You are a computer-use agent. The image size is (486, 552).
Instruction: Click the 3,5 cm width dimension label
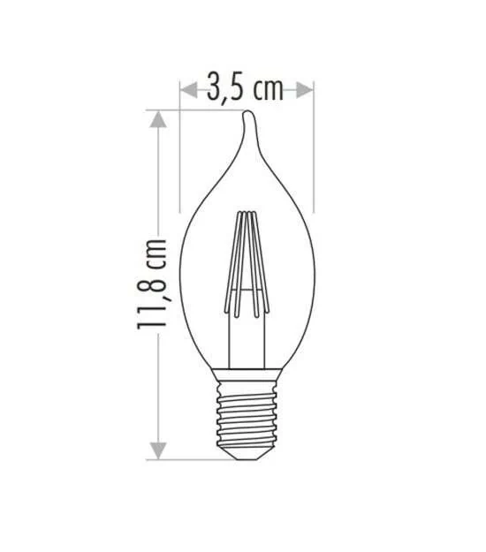pyautogui.click(x=245, y=90)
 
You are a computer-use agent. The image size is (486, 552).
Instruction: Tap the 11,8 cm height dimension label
pyautogui.click(x=151, y=284)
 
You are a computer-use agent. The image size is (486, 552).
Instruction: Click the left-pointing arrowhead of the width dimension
pyautogui.click(x=189, y=90)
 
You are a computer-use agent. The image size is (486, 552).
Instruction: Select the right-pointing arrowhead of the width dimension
pyautogui.click(x=305, y=90)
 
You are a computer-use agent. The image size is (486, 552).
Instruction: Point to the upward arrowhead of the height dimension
pyautogui.click(x=158, y=119)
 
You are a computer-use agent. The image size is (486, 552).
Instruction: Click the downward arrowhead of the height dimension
pyautogui.click(x=158, y=451)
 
